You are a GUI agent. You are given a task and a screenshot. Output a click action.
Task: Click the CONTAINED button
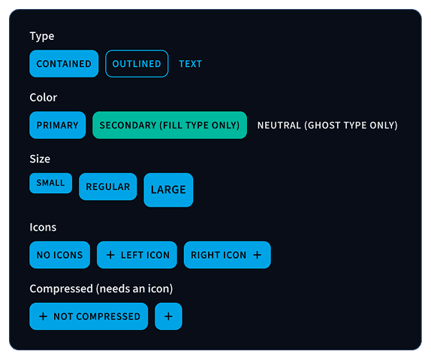click(x=64, y=64)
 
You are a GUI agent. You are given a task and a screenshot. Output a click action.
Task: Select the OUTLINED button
click(x=137, y=64)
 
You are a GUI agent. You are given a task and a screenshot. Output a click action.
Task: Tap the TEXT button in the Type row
click(x=191, y=64)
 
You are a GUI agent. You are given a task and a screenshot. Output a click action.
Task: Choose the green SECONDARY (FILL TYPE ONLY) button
click(x=170, y=126)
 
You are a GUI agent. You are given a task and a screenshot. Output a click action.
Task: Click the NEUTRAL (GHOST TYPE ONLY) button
click(x=327, y=126)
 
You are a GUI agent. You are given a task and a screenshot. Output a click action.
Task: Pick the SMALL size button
click(x=51, y=183)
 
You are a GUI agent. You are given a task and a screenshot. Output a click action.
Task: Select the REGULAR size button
click(x=108, y=187)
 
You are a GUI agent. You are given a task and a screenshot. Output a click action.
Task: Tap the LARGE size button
click(x=168, y=190)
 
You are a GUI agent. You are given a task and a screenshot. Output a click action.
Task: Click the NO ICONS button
click(x=60, y=256)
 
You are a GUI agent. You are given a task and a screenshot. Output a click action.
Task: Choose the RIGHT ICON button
click(x=227, y=256)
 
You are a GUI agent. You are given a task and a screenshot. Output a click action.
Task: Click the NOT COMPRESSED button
click(x=89, y=316)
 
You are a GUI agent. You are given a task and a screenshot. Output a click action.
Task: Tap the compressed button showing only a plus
click(x=168, y=316)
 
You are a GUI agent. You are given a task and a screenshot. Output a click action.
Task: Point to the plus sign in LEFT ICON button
click(x=110, y=256)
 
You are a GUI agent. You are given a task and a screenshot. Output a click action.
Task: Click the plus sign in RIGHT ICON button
click(x=257, y=256)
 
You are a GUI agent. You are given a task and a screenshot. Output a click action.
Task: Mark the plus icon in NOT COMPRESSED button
click(x=43, y=316)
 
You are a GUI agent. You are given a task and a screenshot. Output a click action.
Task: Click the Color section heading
click(x=44, y=98)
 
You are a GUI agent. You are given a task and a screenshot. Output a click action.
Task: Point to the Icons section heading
click(x=43, y=227)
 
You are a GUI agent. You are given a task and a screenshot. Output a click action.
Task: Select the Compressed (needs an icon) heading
click(x=101, y=289)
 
